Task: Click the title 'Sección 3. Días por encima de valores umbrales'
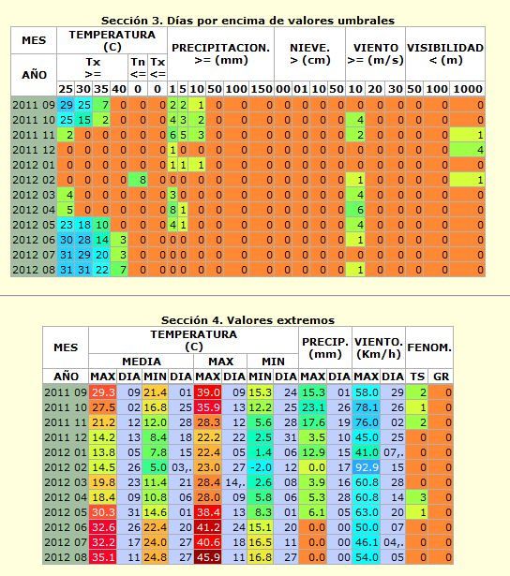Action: pos(247,21)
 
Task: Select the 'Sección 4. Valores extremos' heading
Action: pos(247,320)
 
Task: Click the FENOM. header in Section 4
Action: pos(429,347)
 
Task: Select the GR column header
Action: pos(441,377)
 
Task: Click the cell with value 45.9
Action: pos(208,557)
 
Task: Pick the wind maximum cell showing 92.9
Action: pos(367,467)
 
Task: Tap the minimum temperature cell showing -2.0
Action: pos(261,467)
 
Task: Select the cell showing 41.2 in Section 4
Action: pos(208,527)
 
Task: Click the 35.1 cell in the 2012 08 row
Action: pos(102,557)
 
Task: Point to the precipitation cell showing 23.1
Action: pos(313,407)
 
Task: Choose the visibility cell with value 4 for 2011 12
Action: pos(468,150)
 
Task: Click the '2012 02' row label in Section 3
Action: pos(34,180)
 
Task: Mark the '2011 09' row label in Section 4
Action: pos(66,392)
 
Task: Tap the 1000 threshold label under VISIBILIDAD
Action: pos(468,89)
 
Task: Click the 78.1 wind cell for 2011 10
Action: pos(367,407)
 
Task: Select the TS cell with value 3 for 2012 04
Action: pos(417,497)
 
